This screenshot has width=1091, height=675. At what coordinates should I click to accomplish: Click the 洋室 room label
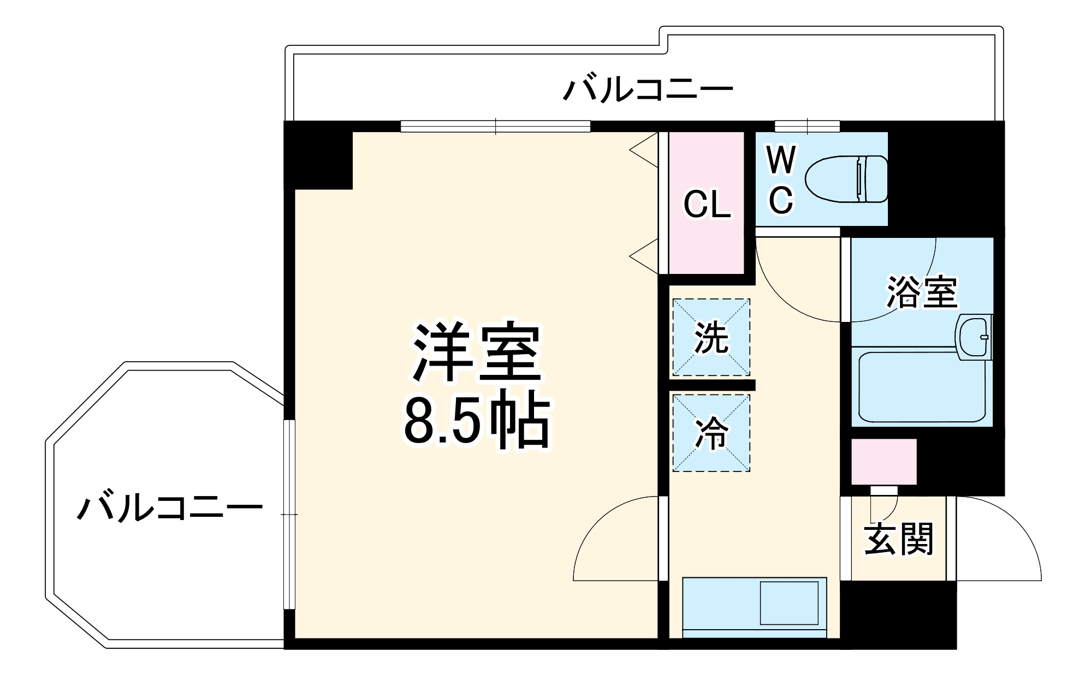tap(477, 353)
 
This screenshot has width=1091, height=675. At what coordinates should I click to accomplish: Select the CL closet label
tap(707, 205)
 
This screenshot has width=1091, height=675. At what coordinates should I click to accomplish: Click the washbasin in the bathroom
tap(974, 337)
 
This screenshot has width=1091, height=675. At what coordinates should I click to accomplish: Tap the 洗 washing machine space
tap(711, 338)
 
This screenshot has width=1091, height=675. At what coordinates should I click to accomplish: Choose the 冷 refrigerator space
tap(711, 433)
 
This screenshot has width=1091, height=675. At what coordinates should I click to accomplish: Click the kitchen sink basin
tap(789, 603)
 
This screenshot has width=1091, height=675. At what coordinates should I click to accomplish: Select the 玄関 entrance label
tap(898, 539)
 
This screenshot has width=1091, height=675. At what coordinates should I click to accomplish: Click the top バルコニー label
tap(648, 90)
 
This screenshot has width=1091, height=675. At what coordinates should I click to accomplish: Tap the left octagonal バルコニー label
tap(170, 508)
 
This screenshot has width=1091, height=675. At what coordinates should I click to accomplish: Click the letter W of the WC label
tap(781, 160)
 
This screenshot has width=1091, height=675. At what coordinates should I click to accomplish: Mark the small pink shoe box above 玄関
tap(884, 462)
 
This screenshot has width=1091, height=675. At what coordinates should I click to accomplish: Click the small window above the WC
tap(807, 126)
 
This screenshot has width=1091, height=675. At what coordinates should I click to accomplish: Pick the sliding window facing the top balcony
tap(495, 126)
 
